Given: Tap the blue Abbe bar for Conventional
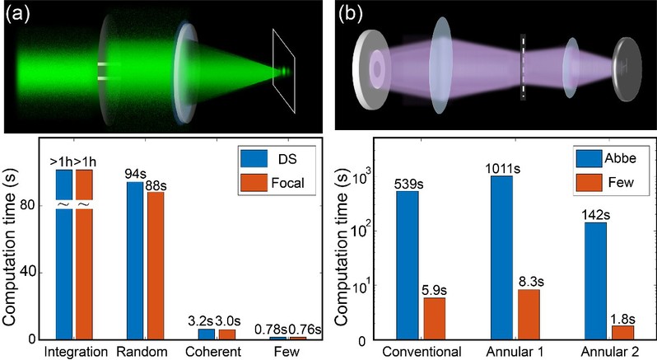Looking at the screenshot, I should coord(407,264).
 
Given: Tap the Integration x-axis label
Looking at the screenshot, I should coord(75,352).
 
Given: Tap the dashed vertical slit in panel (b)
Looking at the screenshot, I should coord(523,67).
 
